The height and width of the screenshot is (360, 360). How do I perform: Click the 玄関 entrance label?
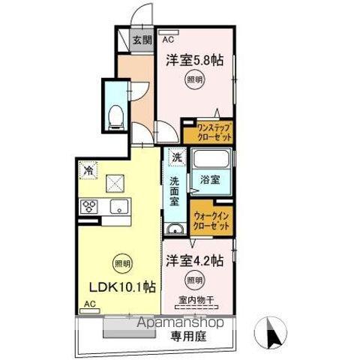coord(142,40)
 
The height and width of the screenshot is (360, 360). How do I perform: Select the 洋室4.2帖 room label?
coord(194,261)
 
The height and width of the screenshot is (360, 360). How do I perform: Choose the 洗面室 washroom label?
coord(173,191)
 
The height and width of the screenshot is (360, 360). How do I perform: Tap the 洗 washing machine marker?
coord(175,157)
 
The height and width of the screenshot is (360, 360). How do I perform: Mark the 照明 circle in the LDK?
coord(119,262)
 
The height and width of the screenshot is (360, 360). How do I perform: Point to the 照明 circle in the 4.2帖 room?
coord(193,280)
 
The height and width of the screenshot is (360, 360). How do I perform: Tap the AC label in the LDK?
coord(89,304)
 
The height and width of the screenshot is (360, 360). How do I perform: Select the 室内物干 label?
coord(196,301)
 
